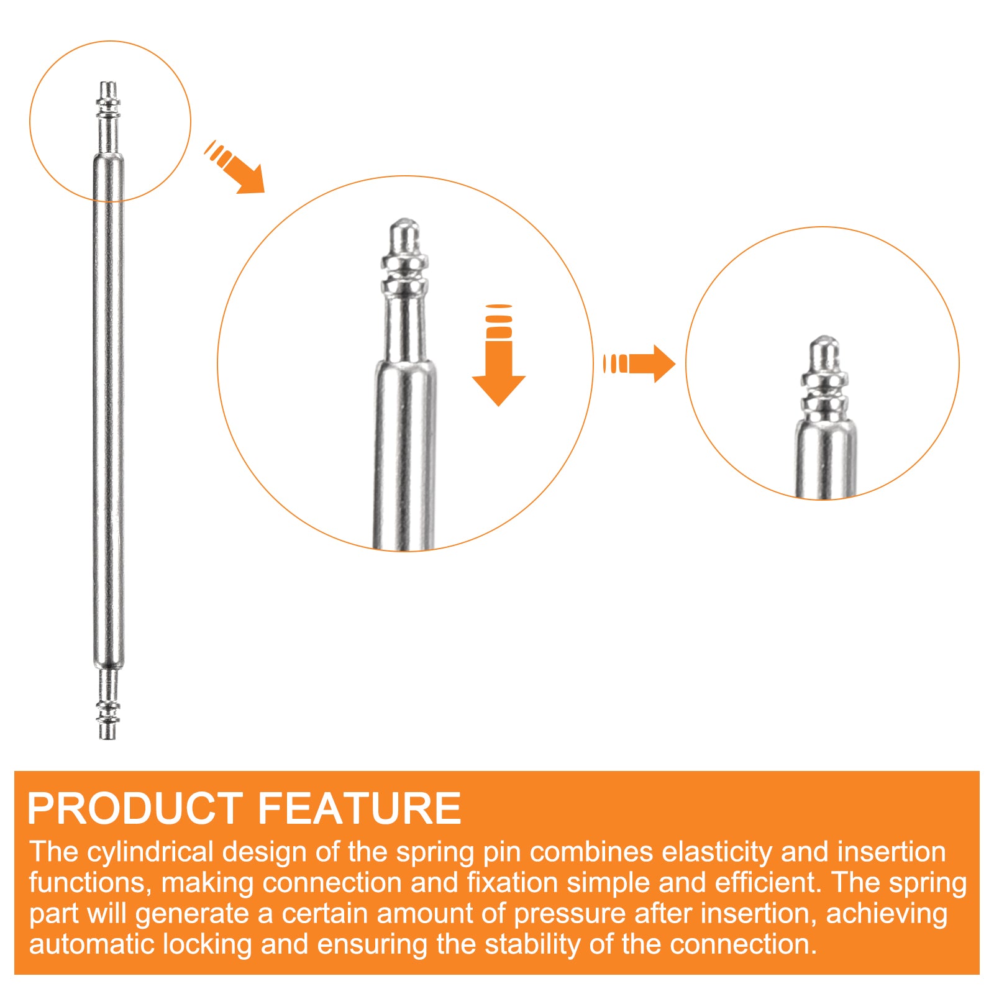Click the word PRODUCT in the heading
pos(135,808)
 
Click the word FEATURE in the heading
pos(359,808)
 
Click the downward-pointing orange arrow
pos(499,355)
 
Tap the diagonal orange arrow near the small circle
pos(235,166)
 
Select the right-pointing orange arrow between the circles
pos(639,363)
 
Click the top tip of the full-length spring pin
pos(108,82)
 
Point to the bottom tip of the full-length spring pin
pos(108,739)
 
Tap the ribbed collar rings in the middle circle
pos(405,276)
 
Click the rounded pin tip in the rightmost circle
pos(824,353)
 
